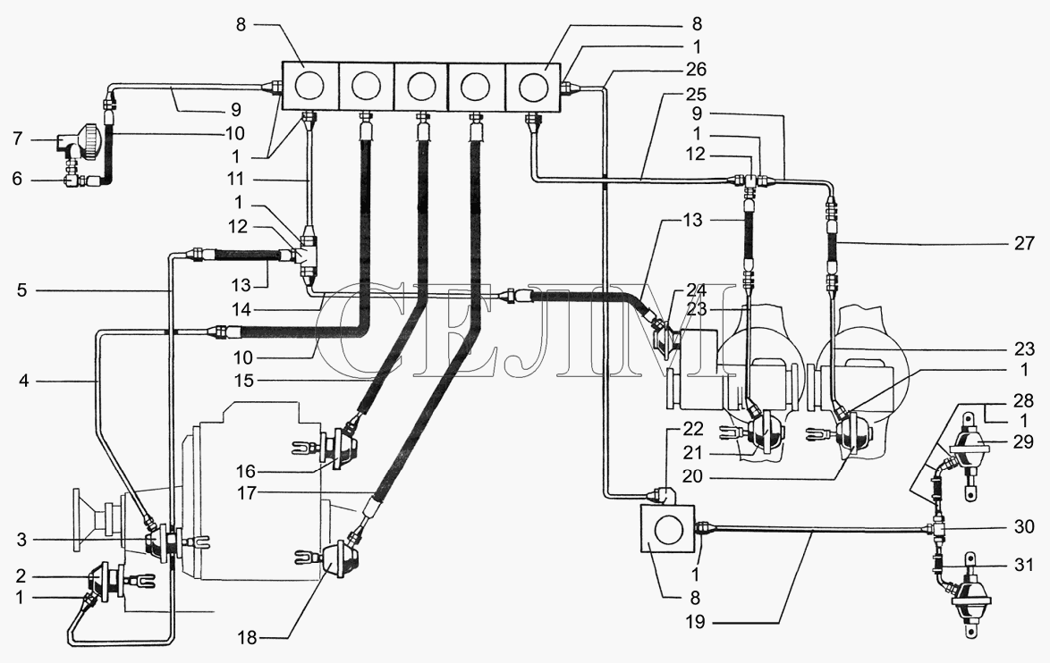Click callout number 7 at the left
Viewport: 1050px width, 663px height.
coord(18,139)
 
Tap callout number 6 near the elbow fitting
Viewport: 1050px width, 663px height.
coord(17,179)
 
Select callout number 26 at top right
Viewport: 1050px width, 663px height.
coord(697,70)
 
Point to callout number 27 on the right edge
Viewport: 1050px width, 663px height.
coord(1025,243)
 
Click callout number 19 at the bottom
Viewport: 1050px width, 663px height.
coord(696,622)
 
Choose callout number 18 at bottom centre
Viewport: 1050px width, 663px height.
coord(247,638)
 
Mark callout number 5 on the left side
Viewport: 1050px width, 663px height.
coord(22,290)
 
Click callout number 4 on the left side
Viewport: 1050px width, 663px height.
coord(23,382)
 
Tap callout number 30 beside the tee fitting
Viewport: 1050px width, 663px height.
coord(1025,526)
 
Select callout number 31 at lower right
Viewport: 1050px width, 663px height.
coord(1025,565)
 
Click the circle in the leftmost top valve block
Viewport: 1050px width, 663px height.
coord(309,87)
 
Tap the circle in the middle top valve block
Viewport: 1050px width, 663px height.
coord(421,87)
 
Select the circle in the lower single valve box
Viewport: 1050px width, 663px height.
coord(667,529)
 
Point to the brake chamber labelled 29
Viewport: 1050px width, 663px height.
coord(968,449)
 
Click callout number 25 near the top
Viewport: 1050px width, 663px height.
coord(697,94)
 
